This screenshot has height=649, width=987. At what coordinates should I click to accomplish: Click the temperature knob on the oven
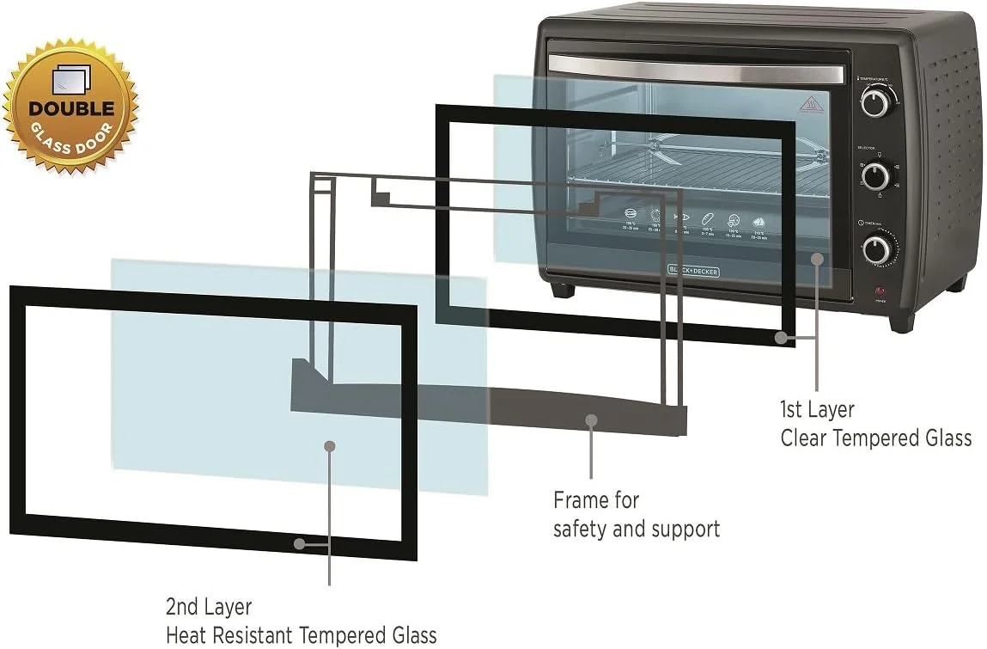point(875,102)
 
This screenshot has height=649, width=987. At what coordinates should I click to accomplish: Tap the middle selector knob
point(875,176)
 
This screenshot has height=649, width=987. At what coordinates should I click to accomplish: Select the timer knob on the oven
point(876,250)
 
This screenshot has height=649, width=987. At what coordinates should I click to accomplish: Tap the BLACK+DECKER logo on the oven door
point(693,271)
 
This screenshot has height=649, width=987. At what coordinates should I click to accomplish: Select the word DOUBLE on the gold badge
point(71,109)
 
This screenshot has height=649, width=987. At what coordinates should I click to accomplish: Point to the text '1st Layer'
point(816,409)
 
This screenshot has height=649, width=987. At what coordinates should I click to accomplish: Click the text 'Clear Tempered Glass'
point(875,438)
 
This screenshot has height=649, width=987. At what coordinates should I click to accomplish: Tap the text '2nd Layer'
point(208,607)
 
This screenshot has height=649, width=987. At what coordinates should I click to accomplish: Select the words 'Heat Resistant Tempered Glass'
point(301,636)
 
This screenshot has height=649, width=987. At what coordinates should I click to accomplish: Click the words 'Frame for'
point(596,499)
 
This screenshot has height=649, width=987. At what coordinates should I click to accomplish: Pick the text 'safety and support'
point(636,529)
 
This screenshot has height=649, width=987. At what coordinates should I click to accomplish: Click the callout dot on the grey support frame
point(591,420)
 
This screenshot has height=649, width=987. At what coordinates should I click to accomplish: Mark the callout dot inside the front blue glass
point(329,445)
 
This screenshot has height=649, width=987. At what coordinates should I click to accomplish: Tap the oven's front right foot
point(900,323)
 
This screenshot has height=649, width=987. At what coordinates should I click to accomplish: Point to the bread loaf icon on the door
point(707,218)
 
